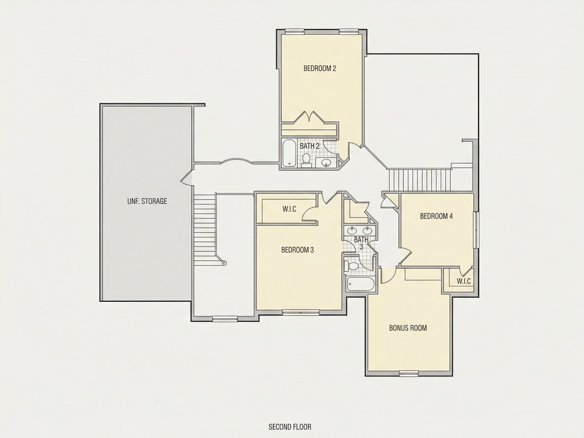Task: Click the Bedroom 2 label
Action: pos(320,68)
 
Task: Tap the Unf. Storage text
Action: pos(147,201)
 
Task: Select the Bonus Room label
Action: pos(408,328)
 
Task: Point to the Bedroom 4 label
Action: pos(436,216)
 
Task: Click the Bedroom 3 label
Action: pos(298,250)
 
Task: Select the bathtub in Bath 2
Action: pos(289,153)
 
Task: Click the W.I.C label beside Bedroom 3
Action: pos(289,209)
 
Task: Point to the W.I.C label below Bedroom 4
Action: pos(464,281)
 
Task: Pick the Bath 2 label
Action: pos(309,146)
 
